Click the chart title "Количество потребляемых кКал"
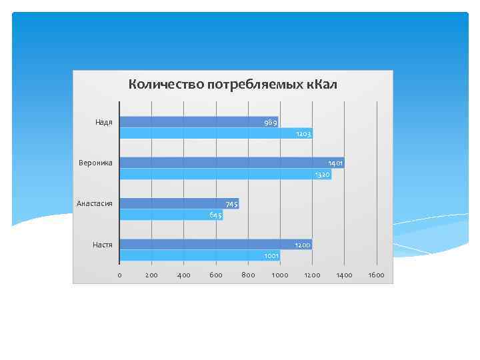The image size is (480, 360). (233, 85)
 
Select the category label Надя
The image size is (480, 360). (103, 122)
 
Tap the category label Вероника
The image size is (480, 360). (96, 163)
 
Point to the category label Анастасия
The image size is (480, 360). (95, 203)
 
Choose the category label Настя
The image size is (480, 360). (102, 245)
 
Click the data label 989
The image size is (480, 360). (270, 122)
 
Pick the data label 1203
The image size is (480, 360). (303, 134)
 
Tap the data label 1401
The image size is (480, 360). (335, 163)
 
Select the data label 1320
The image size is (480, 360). (322, 175)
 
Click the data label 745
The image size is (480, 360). (231, 203)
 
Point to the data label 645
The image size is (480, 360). (215, 215)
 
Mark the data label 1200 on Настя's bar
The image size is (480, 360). (303, 245)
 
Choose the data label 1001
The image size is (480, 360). (271, 256)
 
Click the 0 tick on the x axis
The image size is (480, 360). (119, 275)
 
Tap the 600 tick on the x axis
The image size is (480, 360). (216, 275)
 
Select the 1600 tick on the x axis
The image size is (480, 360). (377, 275)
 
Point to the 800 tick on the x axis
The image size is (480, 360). (248, 275)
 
